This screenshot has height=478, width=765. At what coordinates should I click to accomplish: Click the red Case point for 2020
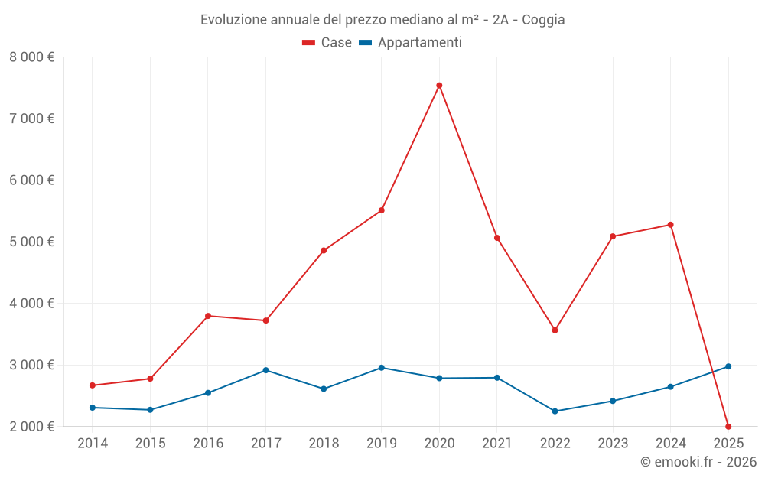tap(439, 86)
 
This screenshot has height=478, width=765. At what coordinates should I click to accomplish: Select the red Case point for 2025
tap(728, 427)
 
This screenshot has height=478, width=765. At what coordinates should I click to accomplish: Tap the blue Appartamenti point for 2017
tap(265, 370)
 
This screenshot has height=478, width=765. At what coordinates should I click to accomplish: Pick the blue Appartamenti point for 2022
tap(555, 411)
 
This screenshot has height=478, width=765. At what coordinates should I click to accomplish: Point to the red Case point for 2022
tap(555, 330)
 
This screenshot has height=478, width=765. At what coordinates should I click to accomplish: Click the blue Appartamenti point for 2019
tap(381, 368)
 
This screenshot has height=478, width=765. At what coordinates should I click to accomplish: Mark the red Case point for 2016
tap(208, 316)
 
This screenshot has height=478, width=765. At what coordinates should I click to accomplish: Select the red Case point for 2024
tap(670, 225)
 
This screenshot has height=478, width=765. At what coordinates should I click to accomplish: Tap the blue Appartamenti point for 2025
tap(728, 366)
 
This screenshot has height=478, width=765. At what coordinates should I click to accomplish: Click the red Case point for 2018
tap(324, 251)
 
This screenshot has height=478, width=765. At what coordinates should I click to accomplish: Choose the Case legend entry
tap(327, 43)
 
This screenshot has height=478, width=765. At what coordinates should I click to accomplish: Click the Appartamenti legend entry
tap(411, 43)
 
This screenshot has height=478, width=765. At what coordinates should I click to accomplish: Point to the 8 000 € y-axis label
tap(31, 57)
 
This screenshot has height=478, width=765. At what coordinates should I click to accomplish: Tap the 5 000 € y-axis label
tap(31, 242)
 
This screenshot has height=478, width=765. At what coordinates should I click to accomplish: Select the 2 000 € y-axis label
tap(31, 427)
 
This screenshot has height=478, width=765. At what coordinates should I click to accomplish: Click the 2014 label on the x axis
tap(93, 443)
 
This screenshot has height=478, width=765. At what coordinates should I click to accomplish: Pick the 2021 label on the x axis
tap(497, 443)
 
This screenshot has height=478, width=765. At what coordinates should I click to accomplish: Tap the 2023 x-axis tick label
tap(613, 443)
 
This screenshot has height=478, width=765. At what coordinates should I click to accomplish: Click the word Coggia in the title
tap(543, 20)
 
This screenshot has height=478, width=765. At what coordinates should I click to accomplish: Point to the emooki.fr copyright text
tap(698, 462)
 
